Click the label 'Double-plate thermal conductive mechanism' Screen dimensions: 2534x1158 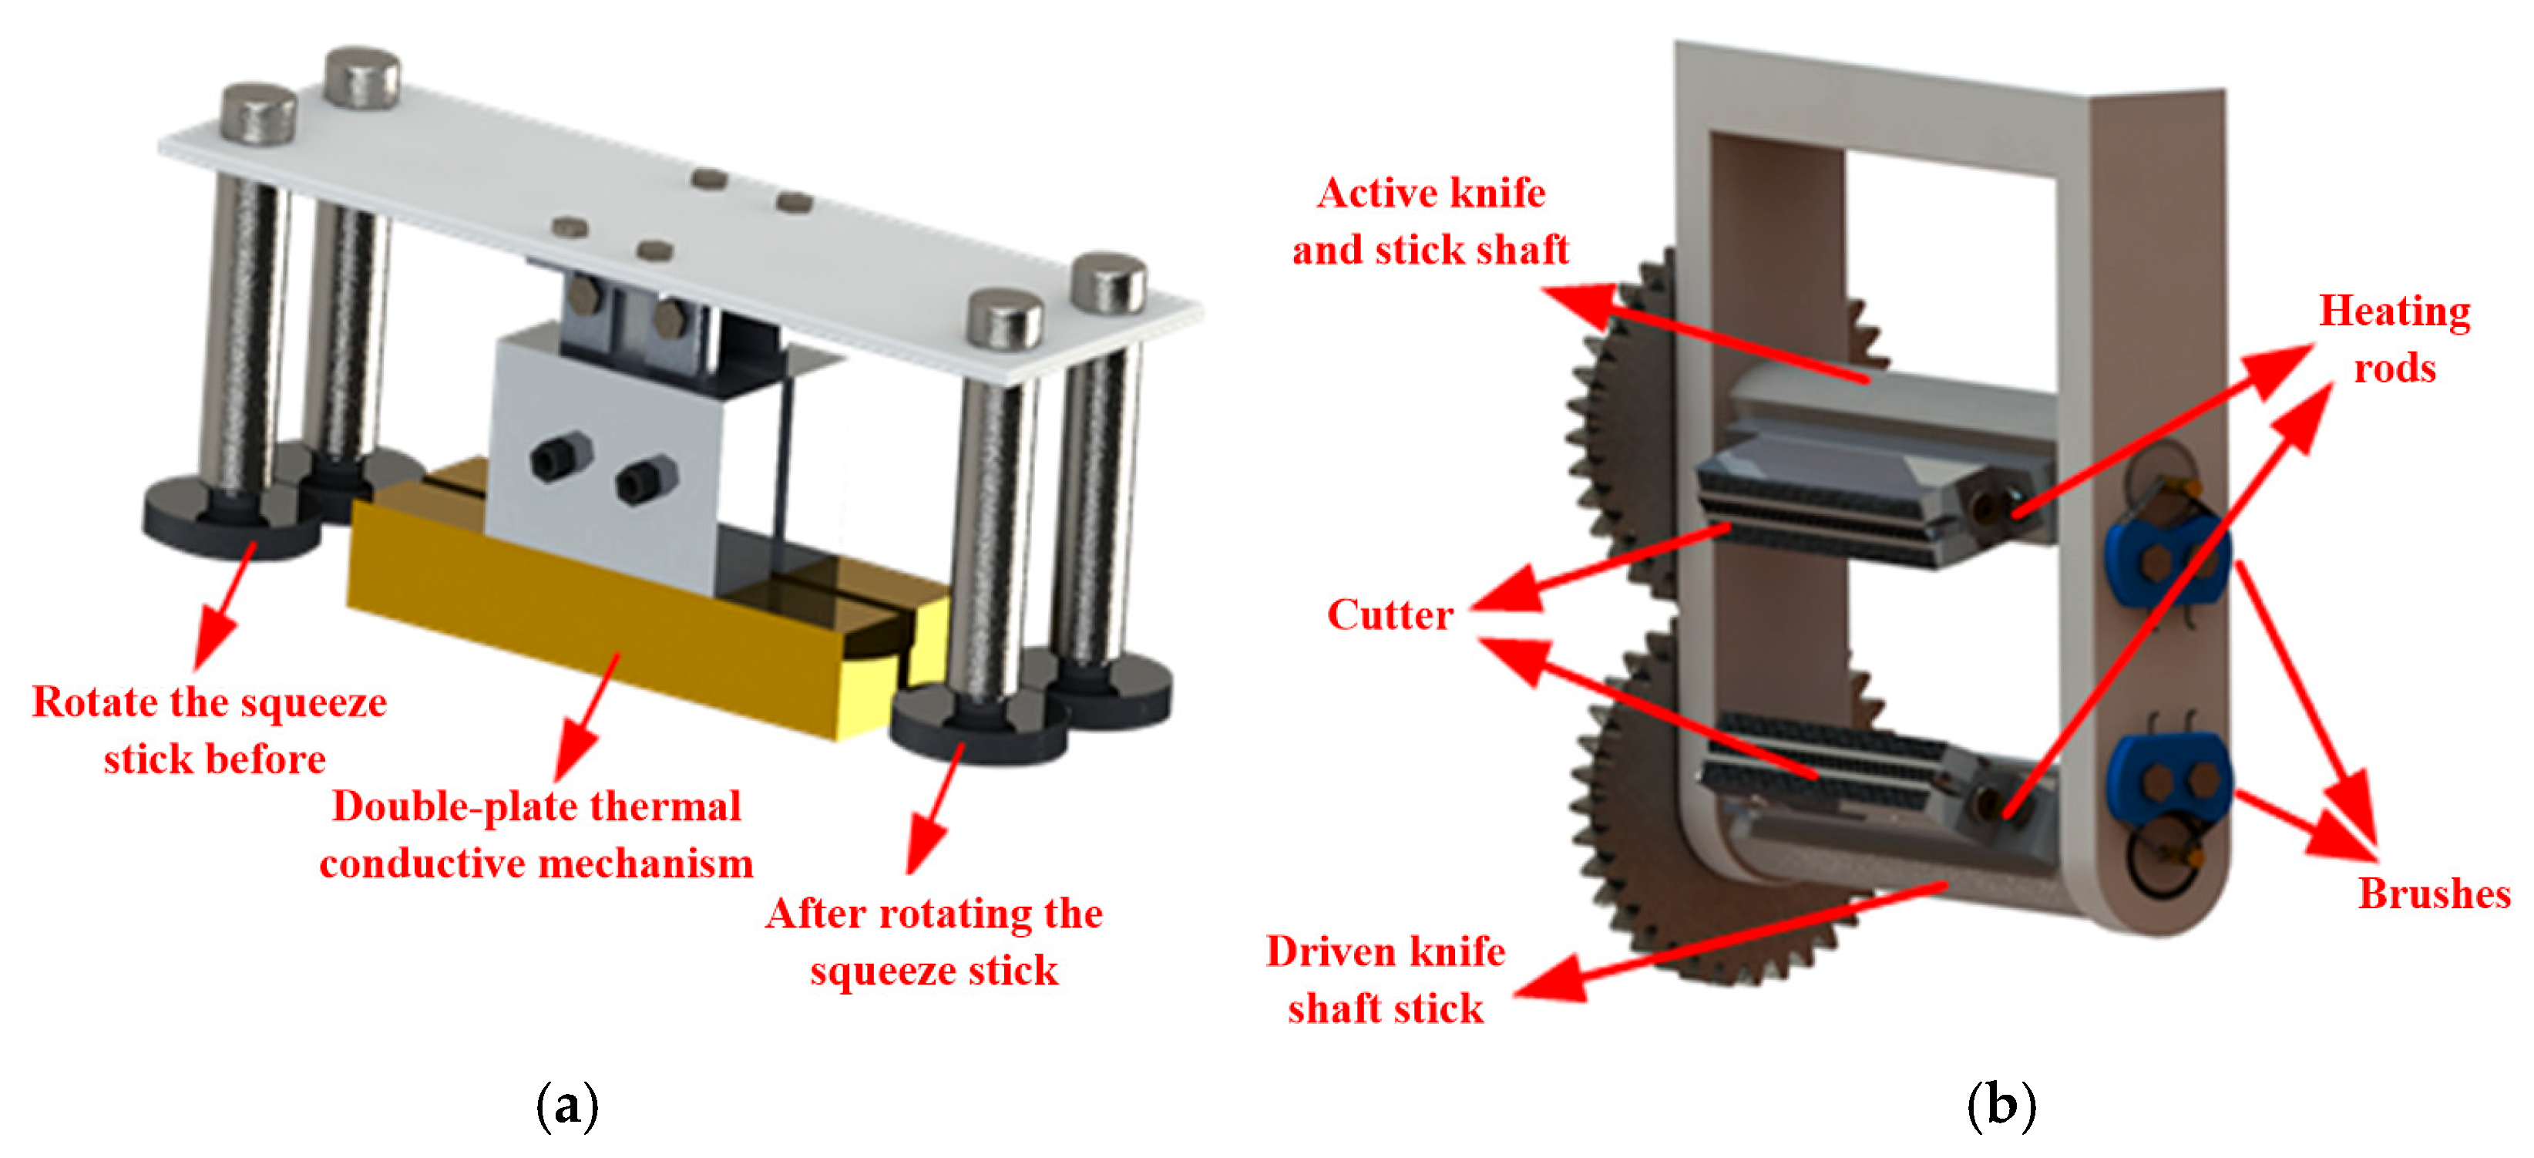click(x=536, y=834)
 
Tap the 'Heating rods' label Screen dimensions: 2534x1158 click(x=2395, y=338)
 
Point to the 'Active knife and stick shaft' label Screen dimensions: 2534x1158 click(x=1430, y=220)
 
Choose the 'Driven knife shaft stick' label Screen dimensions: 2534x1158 click(x=1385, y=979)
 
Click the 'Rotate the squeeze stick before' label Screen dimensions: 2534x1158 click(x=210, y=729)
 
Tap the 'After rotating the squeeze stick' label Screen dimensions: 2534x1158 click(x=935, y=941)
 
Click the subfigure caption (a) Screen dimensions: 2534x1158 click(x=567, y=1105)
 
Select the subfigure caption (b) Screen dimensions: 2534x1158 click(x=2001, y=1105)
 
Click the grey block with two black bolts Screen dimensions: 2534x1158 click(x=605, y=463)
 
